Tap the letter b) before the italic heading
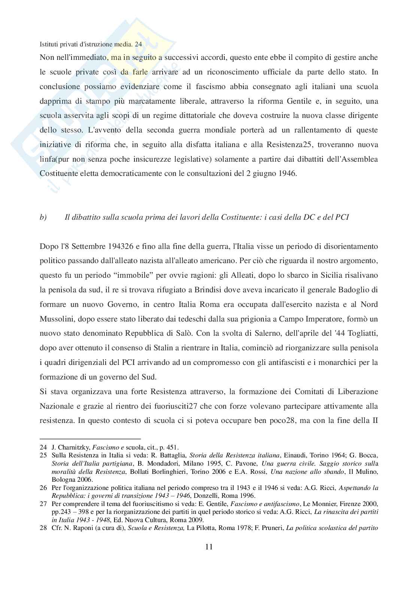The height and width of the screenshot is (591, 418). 43,217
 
